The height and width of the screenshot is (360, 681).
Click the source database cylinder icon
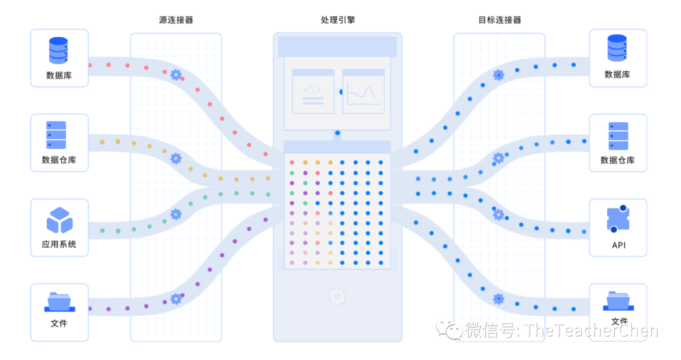pos(59,50)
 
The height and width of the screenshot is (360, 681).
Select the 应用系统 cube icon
pos(59,220)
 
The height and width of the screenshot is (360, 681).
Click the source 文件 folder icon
pos(59,301)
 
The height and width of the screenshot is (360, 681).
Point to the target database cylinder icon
pos(617,48)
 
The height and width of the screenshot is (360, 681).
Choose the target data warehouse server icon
pos(618,136)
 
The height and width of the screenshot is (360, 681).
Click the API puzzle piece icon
pos(618,219)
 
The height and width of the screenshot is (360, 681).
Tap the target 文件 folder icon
pos(618,300)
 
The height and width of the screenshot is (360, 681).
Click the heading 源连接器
pos(176,20)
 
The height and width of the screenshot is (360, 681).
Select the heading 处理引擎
pos(338,20)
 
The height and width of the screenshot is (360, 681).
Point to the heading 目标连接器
pos(499,20)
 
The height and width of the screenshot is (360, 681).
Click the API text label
pos(619,245)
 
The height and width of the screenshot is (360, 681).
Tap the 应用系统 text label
pos(59,244)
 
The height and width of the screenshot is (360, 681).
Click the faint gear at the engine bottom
pos(337,296)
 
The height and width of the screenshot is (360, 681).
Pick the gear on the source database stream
pos(176,74)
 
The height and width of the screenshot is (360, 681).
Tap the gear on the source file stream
pos(176,299)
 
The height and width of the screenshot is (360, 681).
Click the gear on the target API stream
pos(498,214)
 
